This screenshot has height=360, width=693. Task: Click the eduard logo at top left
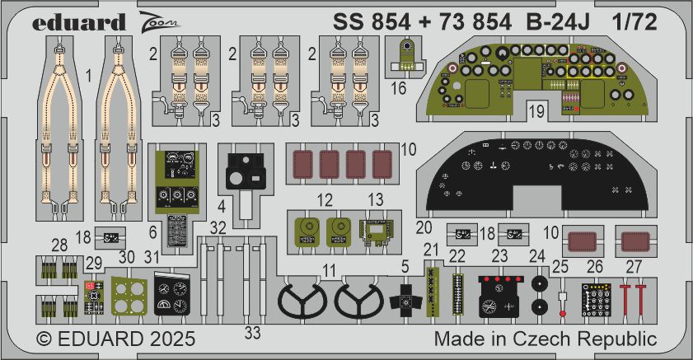[x=79, y=21]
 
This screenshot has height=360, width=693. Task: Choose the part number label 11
[x=329, y=269]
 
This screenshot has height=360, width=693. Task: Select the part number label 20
[x=424, y=227]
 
